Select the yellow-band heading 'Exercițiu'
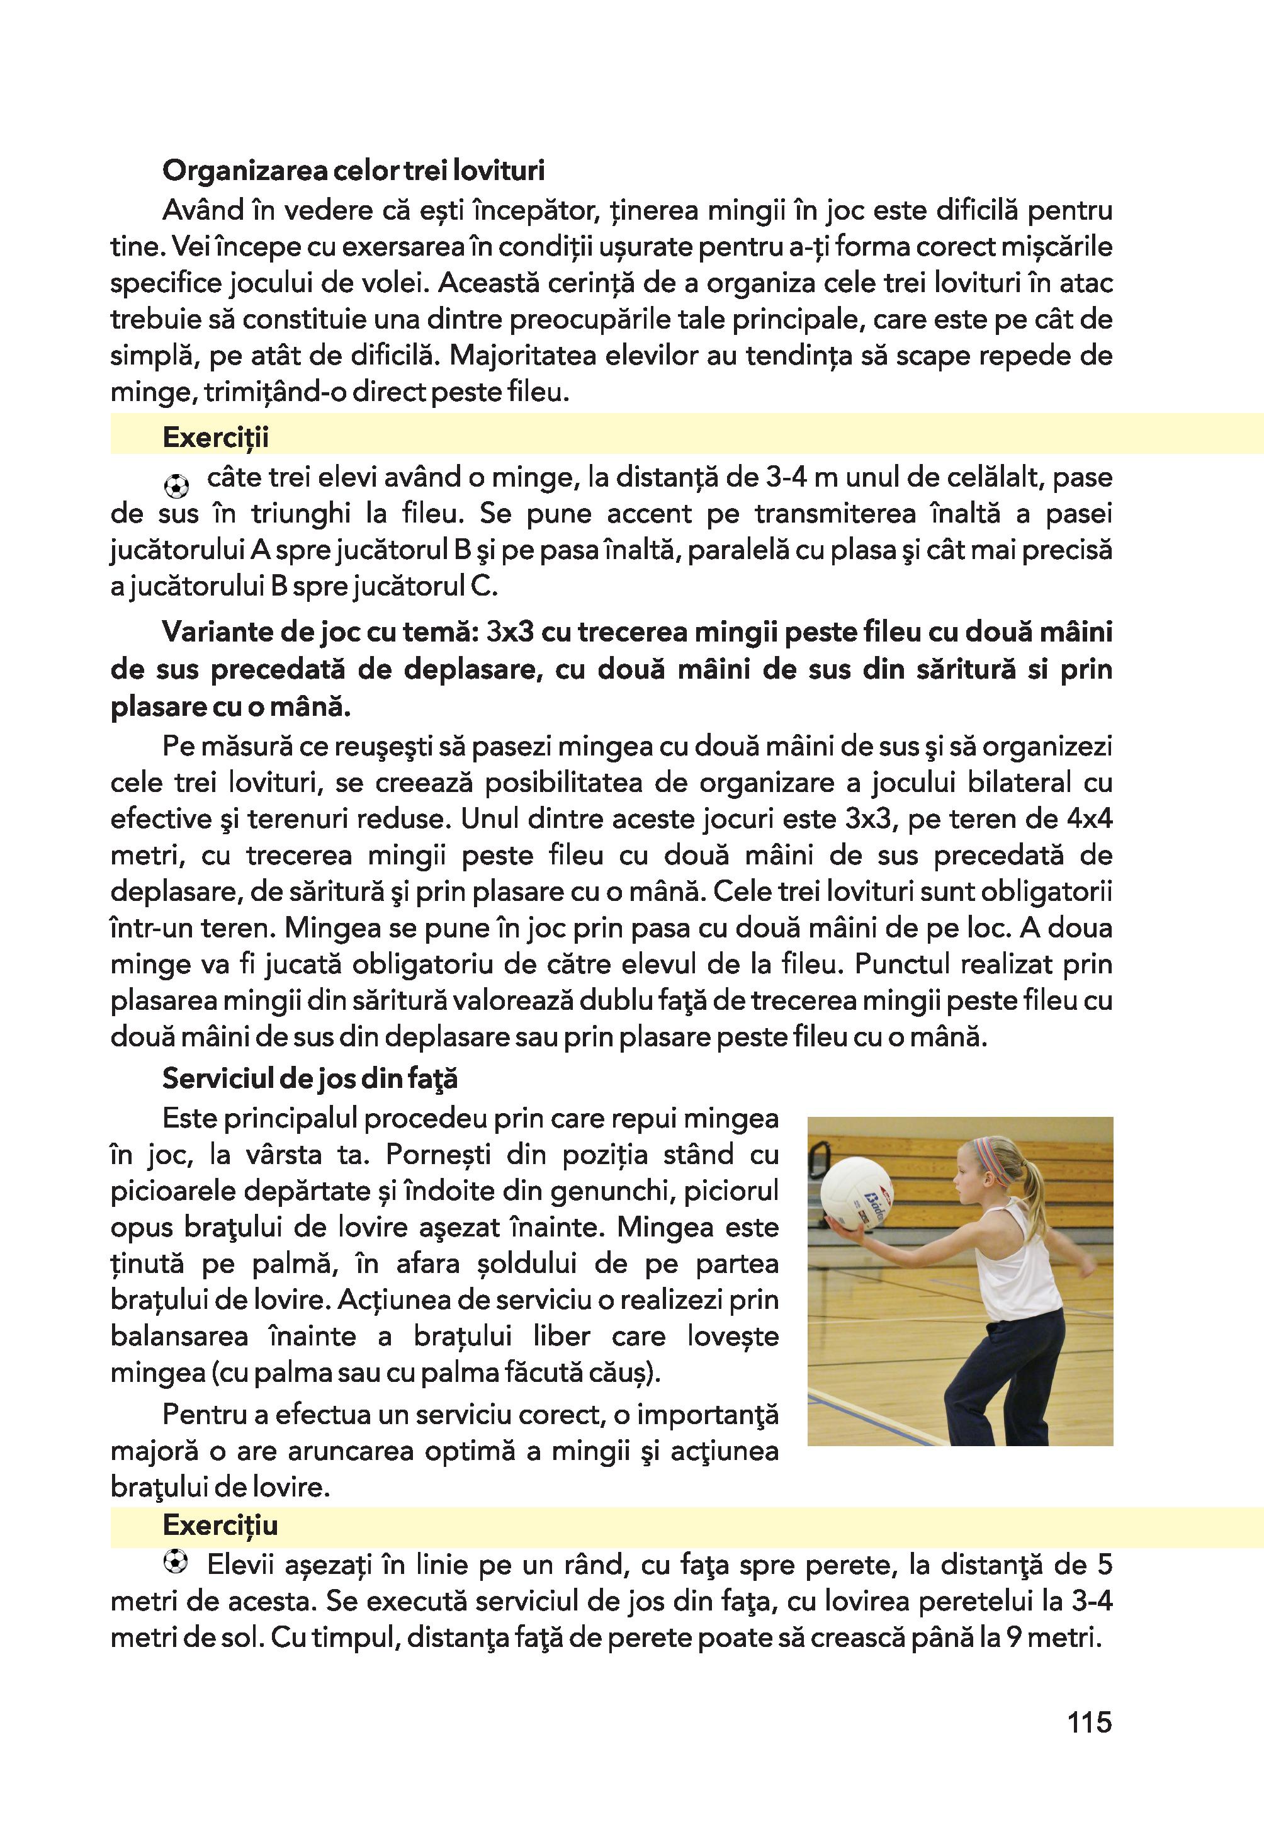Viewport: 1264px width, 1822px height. (x=220, y=1525)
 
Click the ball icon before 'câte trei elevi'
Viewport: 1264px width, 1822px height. (x=177, y=484)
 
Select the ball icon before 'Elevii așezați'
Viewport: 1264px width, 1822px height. (x=175, y=1561)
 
